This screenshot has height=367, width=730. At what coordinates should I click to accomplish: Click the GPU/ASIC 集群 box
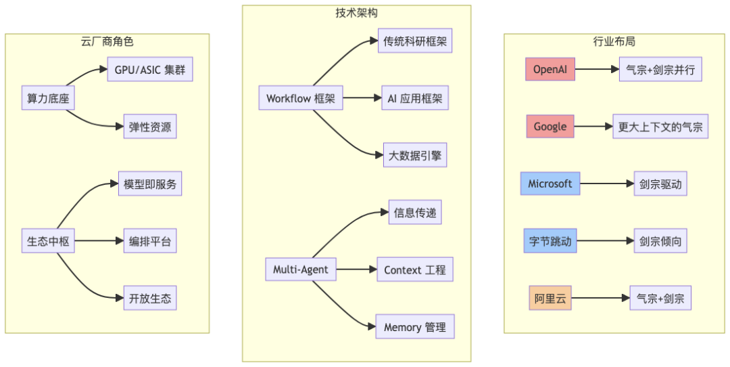[x=150, y=70]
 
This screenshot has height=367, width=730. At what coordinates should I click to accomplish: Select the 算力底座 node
[x=47, y=98]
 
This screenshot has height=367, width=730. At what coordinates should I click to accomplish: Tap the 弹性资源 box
[x=150, y=127]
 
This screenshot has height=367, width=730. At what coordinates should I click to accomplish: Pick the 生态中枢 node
[x=47, y=240]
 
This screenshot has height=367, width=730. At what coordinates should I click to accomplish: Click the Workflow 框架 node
[x=300, y=98]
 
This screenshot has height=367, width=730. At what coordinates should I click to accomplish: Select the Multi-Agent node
[x=300, y=269]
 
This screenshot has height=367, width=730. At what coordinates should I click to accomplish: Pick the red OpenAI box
[x=550, y=69]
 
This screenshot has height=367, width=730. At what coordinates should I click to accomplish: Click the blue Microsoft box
[x=550, y=183]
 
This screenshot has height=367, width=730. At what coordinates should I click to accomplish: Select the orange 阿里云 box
[x=550, y=298]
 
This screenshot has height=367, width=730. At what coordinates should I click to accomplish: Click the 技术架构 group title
[x=357, y=13]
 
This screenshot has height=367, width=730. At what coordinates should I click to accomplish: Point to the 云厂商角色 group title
[x=107, y=41]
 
